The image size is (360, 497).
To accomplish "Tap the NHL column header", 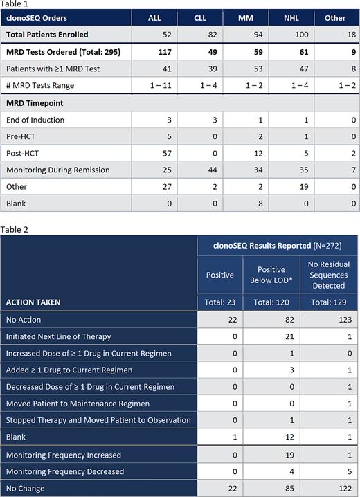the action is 292,17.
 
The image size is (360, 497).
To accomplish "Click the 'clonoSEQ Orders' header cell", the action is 37,17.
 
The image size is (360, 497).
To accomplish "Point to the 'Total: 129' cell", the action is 328,302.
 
